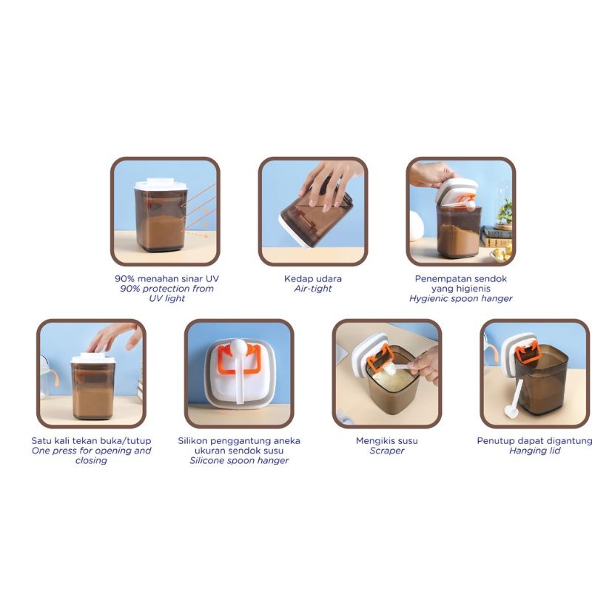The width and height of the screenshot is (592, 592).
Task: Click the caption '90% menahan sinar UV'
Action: [x=165, y=278]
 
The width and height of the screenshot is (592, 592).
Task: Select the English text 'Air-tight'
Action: [x=313, y=289]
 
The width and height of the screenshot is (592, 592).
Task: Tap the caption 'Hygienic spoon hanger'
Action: [x=460, y=298]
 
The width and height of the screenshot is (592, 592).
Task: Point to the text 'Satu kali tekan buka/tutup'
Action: [x=91, y=440]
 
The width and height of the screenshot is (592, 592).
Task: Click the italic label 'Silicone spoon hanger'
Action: [x=239, y=460]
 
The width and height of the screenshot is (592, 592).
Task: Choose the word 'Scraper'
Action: [x=387, y=451]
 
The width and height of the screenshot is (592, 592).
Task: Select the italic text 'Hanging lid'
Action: [x=535, y=451]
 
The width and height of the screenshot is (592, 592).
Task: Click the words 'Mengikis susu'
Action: [x=387, y=441]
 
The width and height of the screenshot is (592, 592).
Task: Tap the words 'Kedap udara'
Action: [x=313, y=278]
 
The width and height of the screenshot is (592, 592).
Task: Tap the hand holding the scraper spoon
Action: [x=423, y=365]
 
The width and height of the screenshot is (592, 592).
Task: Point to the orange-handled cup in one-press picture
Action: [x=54, y=374]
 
